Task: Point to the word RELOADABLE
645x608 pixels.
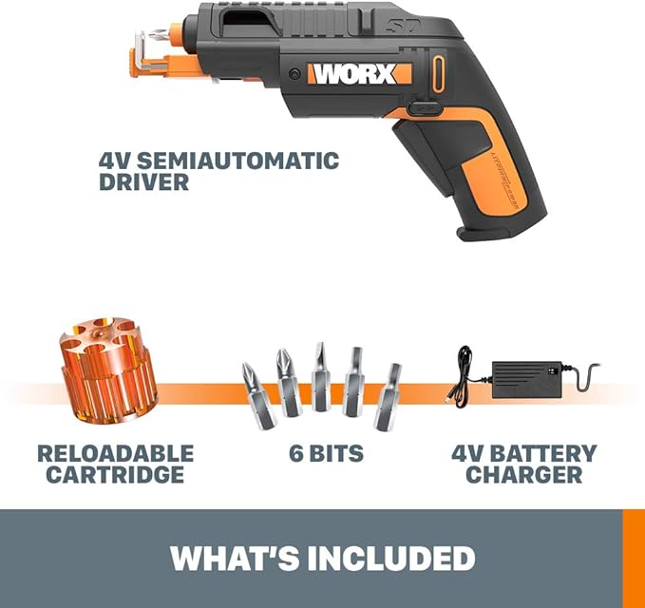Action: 115,453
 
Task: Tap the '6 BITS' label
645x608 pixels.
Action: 326,454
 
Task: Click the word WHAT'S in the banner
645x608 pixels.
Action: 226,557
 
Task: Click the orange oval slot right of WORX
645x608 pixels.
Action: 438,73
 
